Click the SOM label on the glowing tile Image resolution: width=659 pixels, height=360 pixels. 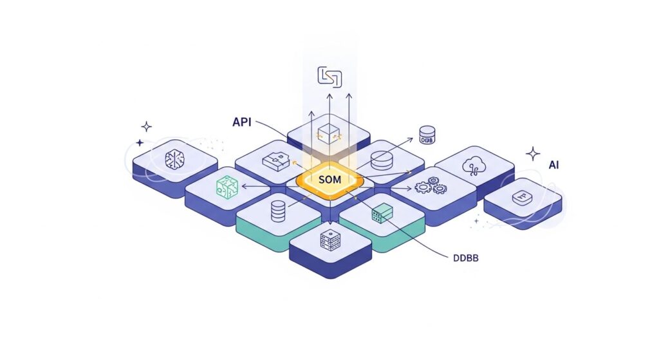(329, 178)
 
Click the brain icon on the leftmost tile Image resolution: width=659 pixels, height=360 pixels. (175, 158)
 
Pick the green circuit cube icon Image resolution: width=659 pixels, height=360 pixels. (227, 186)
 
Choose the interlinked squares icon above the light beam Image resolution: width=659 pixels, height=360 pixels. (329, 76)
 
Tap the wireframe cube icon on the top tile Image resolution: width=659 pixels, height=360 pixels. (328, 132)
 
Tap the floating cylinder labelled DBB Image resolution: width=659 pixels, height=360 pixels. (427, 135)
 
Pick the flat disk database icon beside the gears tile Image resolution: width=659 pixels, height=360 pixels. (382, 158)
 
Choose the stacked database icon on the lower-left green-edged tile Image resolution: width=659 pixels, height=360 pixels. (278, 211)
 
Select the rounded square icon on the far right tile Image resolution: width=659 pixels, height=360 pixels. (521, 198)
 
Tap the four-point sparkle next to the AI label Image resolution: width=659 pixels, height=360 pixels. (533, 153)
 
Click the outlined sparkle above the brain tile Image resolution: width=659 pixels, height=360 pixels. (147, 126)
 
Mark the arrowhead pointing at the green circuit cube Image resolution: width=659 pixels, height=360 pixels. (244, 187)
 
